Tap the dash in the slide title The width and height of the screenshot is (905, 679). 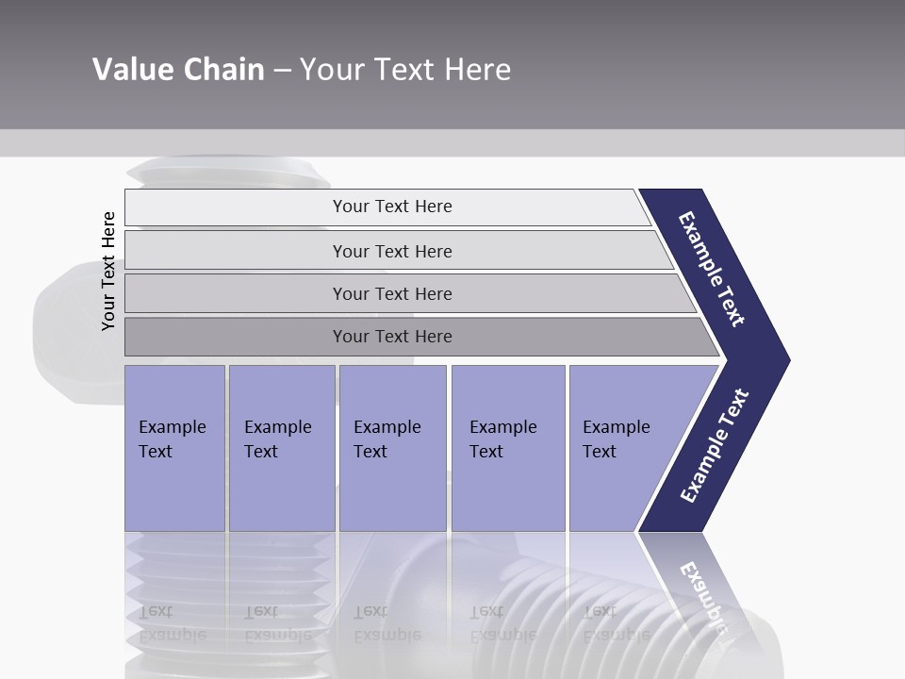(x=282, y=71)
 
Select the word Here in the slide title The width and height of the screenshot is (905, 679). (x=477, y=70)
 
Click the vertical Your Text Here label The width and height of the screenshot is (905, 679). (x=108, y=272)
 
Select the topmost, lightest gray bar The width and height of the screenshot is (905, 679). (x=391, y=207)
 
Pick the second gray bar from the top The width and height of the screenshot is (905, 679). (x=391, y=251)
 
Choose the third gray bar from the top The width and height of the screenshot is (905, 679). (x=391, y=293)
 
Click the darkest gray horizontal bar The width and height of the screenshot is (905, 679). (x=391, y=337)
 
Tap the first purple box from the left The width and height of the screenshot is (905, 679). (x=174, y=448)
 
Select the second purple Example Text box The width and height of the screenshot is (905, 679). (x=281, y=448)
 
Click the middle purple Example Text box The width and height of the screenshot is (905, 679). (x=392, y=448)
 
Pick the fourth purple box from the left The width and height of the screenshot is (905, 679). (x=508, y=448)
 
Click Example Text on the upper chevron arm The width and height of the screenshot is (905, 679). (x=712, y=269)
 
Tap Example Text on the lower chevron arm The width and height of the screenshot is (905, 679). (x=715, y=445)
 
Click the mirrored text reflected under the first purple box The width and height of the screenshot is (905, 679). (x=172, y=623)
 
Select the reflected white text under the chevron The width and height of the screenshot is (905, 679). (x=703, y=594)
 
